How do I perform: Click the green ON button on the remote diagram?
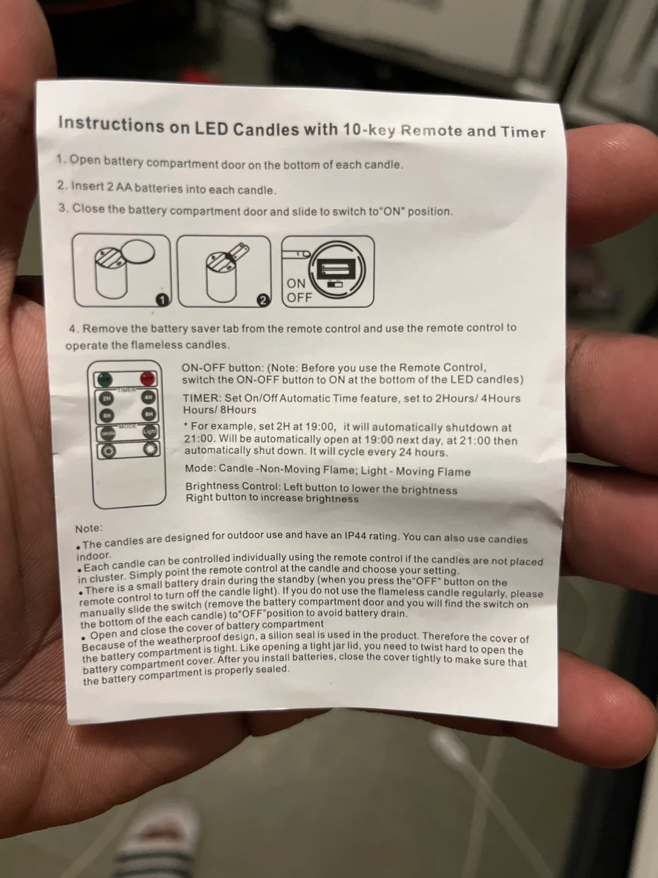[105, 379]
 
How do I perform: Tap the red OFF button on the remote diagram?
[148, 378]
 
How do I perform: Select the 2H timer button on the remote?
[107, 398]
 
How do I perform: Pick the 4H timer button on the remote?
[149, 397]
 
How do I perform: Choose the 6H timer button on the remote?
[107, 416]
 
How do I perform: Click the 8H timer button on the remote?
[149, 414]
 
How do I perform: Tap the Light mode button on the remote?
[150, 432]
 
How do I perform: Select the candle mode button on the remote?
[107, 433]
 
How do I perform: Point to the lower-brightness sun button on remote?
[108, 451]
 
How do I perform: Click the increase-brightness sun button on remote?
[151, 449]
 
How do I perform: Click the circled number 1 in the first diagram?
[163, 299]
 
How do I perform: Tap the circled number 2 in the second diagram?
[263, 301]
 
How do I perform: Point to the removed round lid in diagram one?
[138, 252]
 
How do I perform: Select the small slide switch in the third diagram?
[335, 284]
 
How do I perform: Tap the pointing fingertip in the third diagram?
[305, 254]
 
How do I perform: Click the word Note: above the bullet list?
[89, 529]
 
